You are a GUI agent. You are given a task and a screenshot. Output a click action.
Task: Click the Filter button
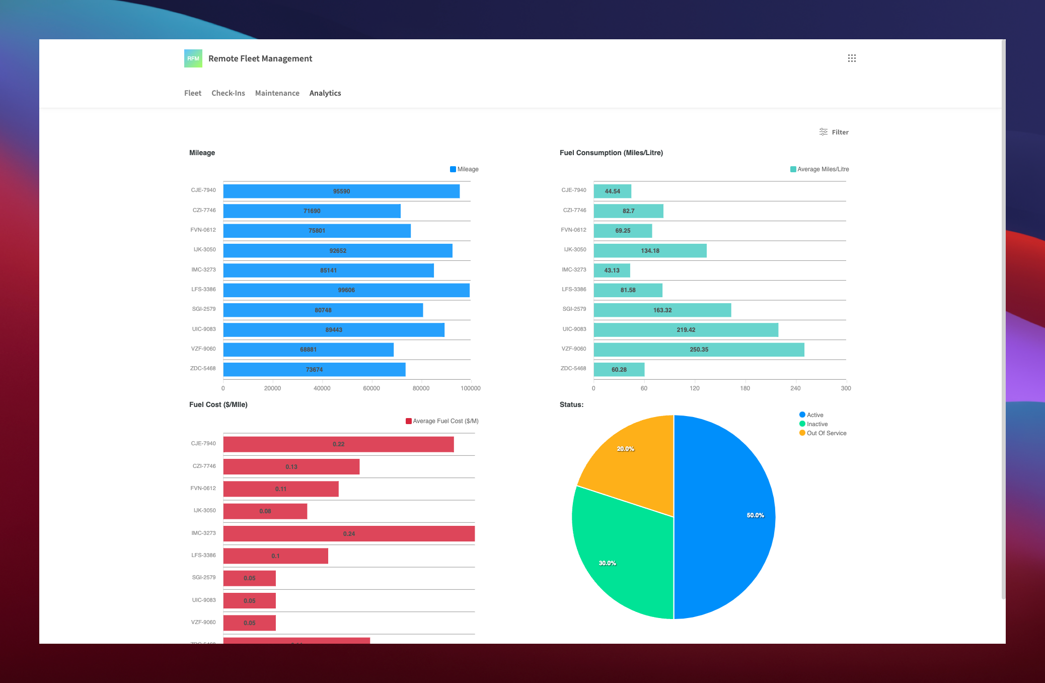click(834, 132)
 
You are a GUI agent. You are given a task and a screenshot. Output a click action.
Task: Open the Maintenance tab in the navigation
click(277, 93)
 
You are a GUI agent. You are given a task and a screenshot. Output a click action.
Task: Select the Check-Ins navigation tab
click(228, 93)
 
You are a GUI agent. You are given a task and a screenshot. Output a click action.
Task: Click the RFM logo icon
click(193, 58)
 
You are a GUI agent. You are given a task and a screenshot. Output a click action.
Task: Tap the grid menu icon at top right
click(852, 58)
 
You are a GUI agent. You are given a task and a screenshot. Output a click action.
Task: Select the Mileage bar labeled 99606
click(346, 290)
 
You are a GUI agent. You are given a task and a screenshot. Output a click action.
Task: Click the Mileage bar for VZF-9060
click(308, 350)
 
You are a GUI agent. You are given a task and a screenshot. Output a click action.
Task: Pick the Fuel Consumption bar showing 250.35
click(699, 350)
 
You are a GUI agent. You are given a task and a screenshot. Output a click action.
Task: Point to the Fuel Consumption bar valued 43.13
click(612, 270)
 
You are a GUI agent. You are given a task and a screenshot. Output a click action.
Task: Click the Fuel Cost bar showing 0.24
click(349, 533)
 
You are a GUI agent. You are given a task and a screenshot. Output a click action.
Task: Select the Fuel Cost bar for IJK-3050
click(265, 511)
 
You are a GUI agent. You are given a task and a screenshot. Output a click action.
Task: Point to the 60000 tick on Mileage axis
click(371, 388)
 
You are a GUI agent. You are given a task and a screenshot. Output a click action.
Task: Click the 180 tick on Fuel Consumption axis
click(745, 388)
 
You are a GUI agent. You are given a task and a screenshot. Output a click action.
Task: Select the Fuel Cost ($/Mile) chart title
click(218, 404)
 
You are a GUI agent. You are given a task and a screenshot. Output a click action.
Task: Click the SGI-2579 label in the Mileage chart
click(204, 309)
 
